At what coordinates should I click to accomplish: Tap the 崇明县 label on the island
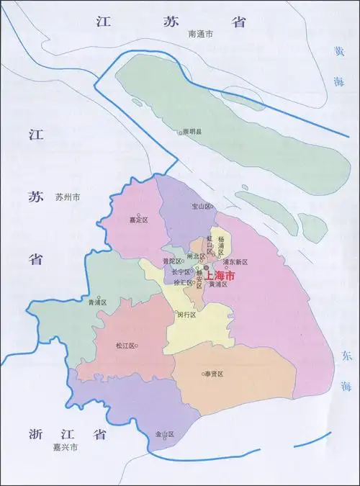pyautogui.click(x=192, y=132)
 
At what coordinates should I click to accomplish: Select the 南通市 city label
pyautogui.click(x=201, y=34)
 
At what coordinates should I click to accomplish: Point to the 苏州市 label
pyautogui.click(x=67, y=197)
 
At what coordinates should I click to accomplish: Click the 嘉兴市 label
pyautogui.click(x=65, y=448)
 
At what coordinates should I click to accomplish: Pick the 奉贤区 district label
pyautogui.click(x=214, y=374)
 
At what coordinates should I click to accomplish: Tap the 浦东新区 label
pyautogui.click(x=235, y=261)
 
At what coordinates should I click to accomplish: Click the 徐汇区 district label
pyautogui.click(x=175, y=282)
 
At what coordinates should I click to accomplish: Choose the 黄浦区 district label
pyautogui.click(x=217, y=284)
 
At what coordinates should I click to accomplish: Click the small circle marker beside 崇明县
pyautogui.click(x=181, y=133)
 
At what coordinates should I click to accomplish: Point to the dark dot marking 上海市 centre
pyautogui.click(x=205, y=269)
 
